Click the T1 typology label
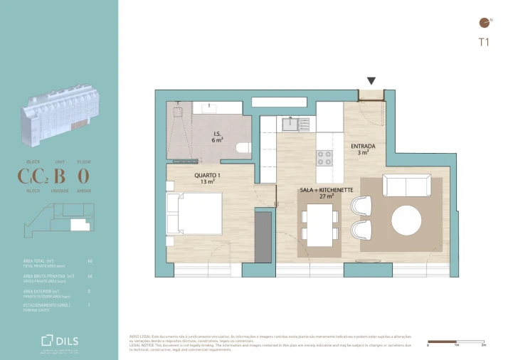[x=484, y=42]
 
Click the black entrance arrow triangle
[x=371, y=81]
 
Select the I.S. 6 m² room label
[x=218, y=137]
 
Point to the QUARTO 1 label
[x=207, y=178]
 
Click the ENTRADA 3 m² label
[x=363, y=149]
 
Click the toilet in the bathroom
[x=243, y=149]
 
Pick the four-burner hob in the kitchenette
[x=324, y=157]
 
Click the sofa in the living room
[x=406, y=185]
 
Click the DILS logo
[x=60, y=340]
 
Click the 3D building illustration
[x=58, y=114]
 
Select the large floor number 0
[x=83, y=176]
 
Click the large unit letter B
[x=60, y=176]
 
